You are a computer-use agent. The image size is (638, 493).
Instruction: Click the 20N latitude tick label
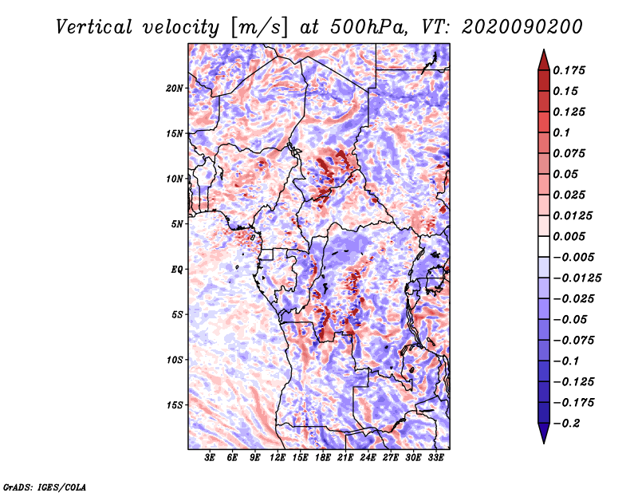click(175, 88)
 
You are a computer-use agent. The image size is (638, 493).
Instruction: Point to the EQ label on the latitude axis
click(178, 269)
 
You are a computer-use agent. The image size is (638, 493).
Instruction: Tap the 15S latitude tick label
click(175, 404)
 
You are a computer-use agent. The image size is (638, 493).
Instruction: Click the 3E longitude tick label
click(211, 458)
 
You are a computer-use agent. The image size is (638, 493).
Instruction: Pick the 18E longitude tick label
click(323, 458)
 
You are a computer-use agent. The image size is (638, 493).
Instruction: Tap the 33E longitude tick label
click(435, 458)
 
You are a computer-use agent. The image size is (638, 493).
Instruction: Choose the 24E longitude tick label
click(368, 458)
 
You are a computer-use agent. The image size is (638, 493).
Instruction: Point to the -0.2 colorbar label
click(569, 424)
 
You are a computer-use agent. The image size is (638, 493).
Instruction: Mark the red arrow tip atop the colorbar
click(542, 54)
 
